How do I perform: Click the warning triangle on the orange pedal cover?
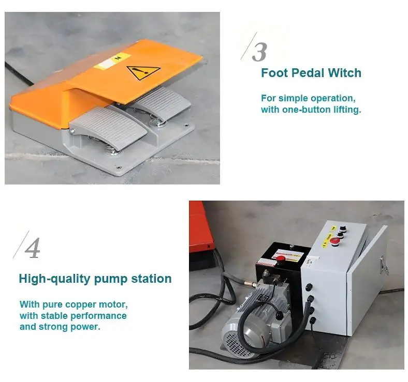(x=143, y=72)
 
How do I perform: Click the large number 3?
(x=259, y=52)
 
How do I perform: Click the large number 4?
(x=33, y=248)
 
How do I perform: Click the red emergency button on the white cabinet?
(x=333, y=240)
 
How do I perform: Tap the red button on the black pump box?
(x=281, y=259)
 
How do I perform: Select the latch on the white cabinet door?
(x=384, y=265)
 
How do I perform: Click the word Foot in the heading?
(x=274, y=73)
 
